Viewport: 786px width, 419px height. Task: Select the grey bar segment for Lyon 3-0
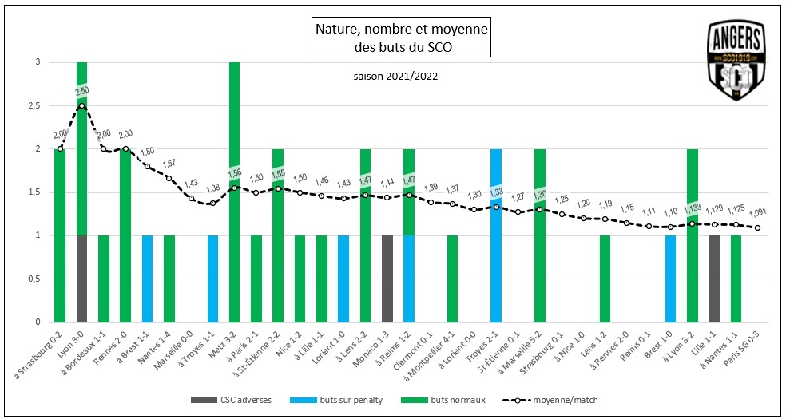(81, 279)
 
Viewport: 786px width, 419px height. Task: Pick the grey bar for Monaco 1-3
(387, 279)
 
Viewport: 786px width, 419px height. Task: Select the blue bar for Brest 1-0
(670, 279)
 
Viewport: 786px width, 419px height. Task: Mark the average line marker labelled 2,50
(81, 105)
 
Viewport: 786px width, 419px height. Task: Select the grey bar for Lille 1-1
(713, 279)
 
